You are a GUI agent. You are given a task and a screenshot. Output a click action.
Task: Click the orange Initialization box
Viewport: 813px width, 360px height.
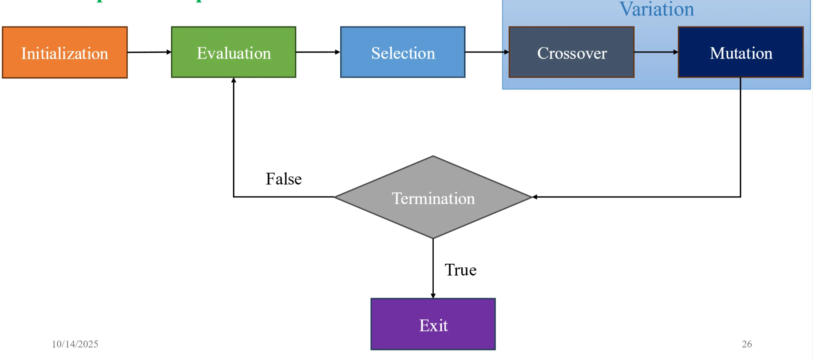point(65,52)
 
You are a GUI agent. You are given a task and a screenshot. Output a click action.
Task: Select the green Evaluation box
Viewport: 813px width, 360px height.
point(233,52)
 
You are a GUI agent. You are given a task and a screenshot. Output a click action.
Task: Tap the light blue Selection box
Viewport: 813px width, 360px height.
point(402,52)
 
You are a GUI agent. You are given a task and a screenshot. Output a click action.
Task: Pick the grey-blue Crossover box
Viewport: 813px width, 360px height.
point(571,52)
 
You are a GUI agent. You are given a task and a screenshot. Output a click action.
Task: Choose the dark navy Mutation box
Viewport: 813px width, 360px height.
point(741,52)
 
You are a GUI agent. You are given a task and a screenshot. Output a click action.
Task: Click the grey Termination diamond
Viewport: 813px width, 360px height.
point(433,198)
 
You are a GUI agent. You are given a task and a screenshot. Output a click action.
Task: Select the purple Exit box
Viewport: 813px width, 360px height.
point(433,324)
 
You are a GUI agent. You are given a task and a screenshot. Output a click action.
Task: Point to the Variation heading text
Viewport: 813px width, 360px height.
point(656,9)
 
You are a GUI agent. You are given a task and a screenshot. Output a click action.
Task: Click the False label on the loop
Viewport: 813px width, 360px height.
point(284,179)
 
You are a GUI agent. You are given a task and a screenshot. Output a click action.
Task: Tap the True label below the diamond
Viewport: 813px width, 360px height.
point(460,270)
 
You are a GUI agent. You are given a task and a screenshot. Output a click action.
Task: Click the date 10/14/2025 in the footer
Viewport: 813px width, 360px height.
point(75,344)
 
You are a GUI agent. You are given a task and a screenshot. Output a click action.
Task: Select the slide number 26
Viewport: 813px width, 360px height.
point(747,344)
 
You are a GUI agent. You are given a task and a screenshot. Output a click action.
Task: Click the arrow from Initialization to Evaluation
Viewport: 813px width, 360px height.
point(149,52)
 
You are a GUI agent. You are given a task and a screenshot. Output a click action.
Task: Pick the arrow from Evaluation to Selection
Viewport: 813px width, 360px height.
point(317,52)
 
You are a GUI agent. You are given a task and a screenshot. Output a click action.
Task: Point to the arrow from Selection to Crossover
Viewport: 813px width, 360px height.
point(487,52)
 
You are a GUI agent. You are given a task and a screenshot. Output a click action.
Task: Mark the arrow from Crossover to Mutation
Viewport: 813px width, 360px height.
point(656,52)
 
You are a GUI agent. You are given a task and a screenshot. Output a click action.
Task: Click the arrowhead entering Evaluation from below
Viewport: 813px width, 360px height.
point(234,80)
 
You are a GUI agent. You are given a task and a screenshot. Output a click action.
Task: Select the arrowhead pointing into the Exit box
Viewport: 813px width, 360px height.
point(433,296)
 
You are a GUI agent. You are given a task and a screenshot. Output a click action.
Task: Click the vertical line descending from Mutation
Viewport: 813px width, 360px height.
point(740,138)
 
